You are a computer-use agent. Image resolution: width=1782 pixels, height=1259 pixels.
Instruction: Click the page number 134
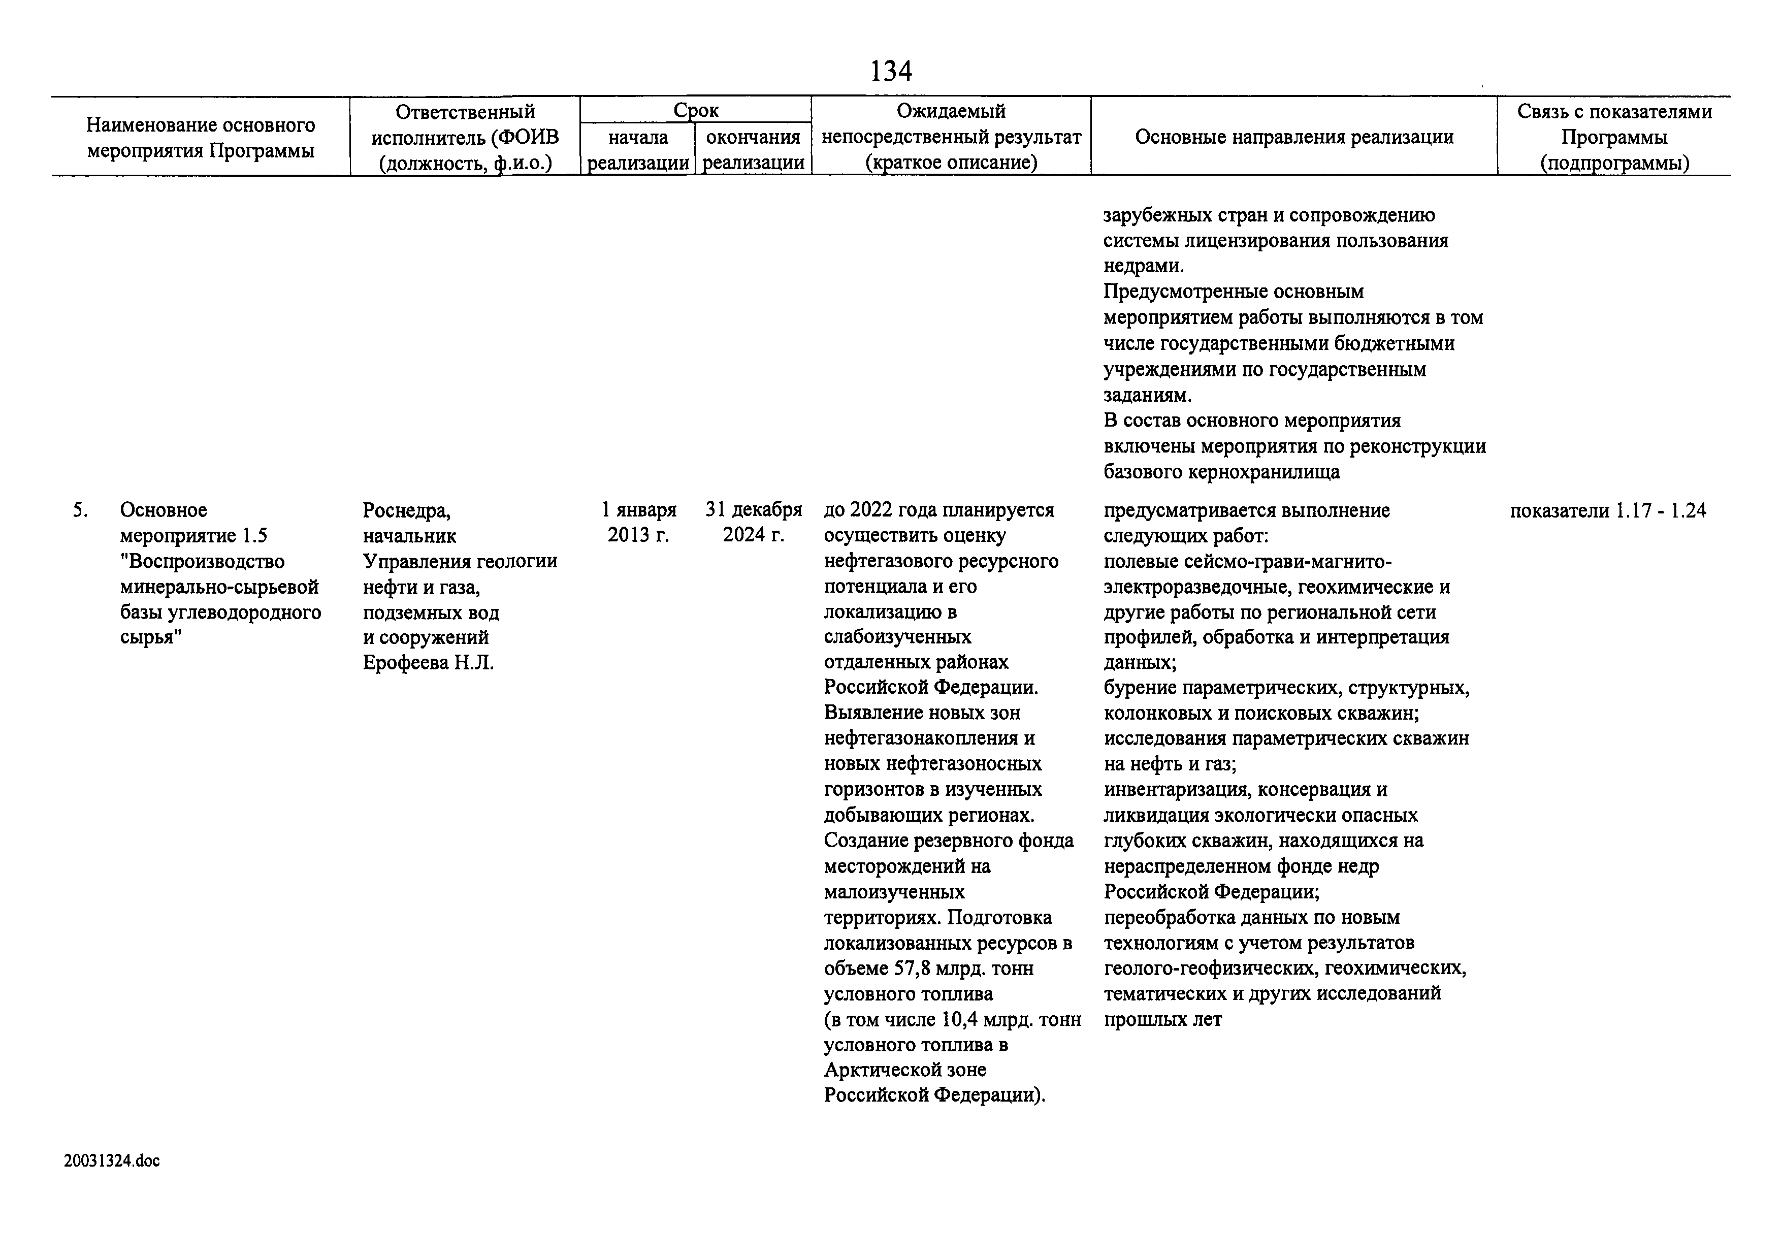coord(890,72)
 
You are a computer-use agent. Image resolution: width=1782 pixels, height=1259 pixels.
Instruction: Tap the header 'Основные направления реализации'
coord(1294,138)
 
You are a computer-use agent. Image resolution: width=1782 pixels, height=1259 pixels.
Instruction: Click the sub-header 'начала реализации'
coord(638,150)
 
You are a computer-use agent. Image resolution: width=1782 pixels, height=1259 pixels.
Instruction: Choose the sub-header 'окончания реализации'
coord(753,150)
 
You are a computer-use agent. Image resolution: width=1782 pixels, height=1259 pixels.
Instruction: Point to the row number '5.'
coord(80,510)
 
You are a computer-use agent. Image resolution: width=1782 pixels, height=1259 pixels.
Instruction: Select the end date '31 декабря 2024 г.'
coord(753,523)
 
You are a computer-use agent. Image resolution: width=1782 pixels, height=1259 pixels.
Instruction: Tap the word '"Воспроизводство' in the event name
coord(202,561)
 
